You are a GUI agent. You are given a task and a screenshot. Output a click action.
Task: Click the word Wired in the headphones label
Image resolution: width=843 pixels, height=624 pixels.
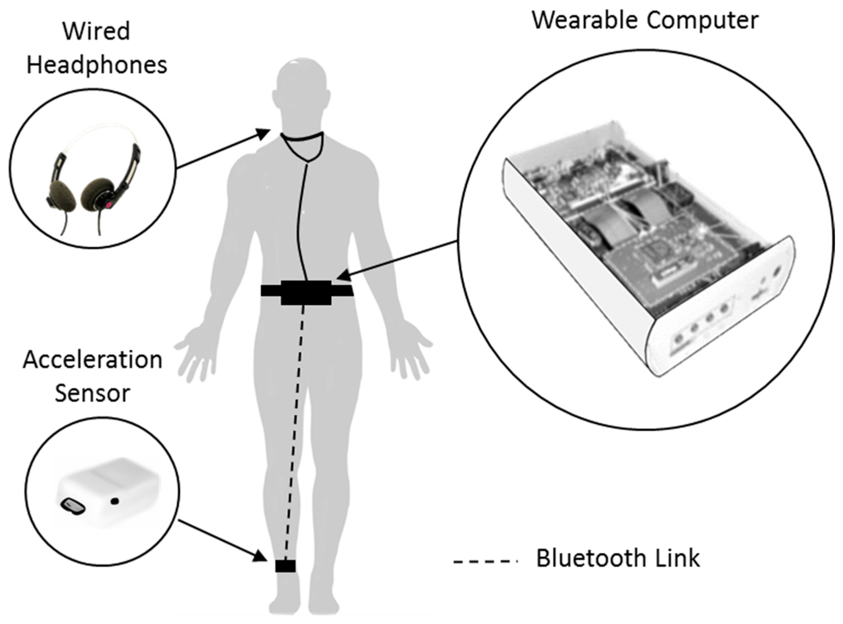97,31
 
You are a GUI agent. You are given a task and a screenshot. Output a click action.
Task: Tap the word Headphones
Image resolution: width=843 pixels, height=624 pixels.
97,65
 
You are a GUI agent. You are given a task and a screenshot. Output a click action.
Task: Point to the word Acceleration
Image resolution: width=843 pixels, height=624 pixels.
93,360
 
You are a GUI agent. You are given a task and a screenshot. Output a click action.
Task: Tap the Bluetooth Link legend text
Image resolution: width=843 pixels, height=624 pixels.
618,558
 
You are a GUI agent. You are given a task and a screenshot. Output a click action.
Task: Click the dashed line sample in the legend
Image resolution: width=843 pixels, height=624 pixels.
485,562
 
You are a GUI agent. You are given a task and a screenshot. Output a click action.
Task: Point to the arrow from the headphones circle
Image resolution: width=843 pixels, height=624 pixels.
223,149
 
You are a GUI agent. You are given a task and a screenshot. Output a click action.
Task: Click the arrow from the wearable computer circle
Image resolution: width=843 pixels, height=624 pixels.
396,261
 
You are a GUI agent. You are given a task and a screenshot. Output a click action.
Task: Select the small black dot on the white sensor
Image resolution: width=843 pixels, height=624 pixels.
115,501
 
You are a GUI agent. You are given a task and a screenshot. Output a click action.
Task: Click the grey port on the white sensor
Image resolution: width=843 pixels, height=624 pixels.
73,506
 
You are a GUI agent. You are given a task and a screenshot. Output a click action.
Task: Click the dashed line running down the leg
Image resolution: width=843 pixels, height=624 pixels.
295,434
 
